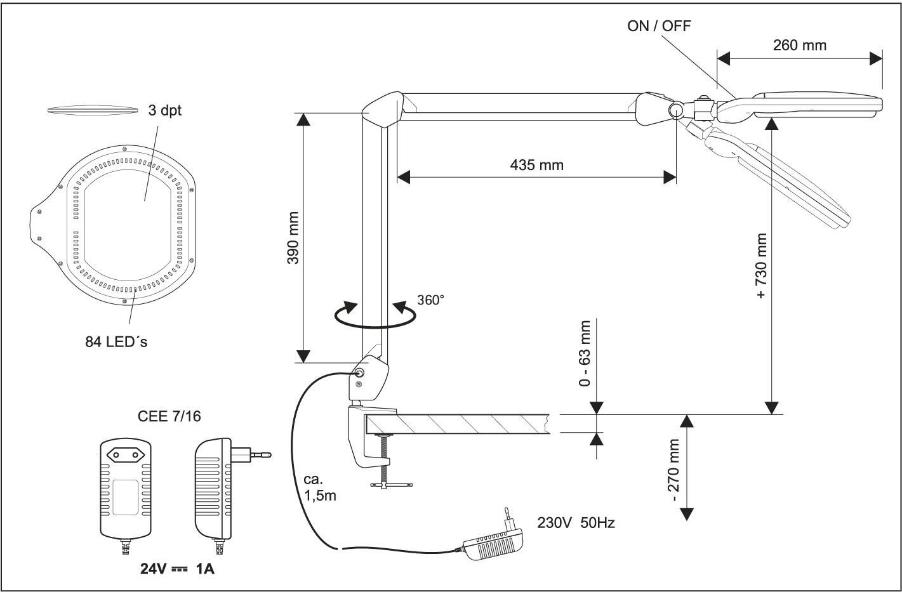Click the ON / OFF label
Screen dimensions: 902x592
coord(659,26)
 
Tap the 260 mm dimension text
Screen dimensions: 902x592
coord(800,45)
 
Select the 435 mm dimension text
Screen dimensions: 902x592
coord(537,165)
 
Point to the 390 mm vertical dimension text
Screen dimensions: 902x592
coord(293,238)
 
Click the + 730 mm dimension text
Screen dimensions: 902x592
coord(762,266)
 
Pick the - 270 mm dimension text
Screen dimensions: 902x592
coord(673,470)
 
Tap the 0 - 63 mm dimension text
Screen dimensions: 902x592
coord(585,353)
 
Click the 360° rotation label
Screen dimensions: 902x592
coord(430,300)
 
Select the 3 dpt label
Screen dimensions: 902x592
coord(164,110)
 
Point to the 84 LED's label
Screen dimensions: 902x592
coord(116,341)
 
